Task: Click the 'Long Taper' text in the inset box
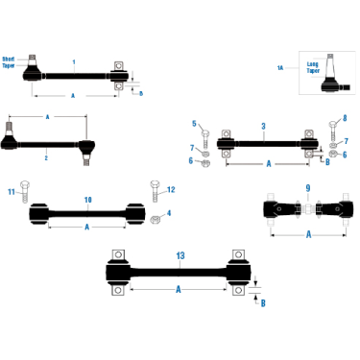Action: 312,67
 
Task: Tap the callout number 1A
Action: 280,67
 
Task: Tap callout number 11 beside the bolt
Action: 12,192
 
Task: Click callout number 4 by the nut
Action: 169,212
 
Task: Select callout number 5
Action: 192,123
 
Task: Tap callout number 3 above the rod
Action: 263,126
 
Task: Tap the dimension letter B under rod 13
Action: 262,300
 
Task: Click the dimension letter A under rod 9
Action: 308,233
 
